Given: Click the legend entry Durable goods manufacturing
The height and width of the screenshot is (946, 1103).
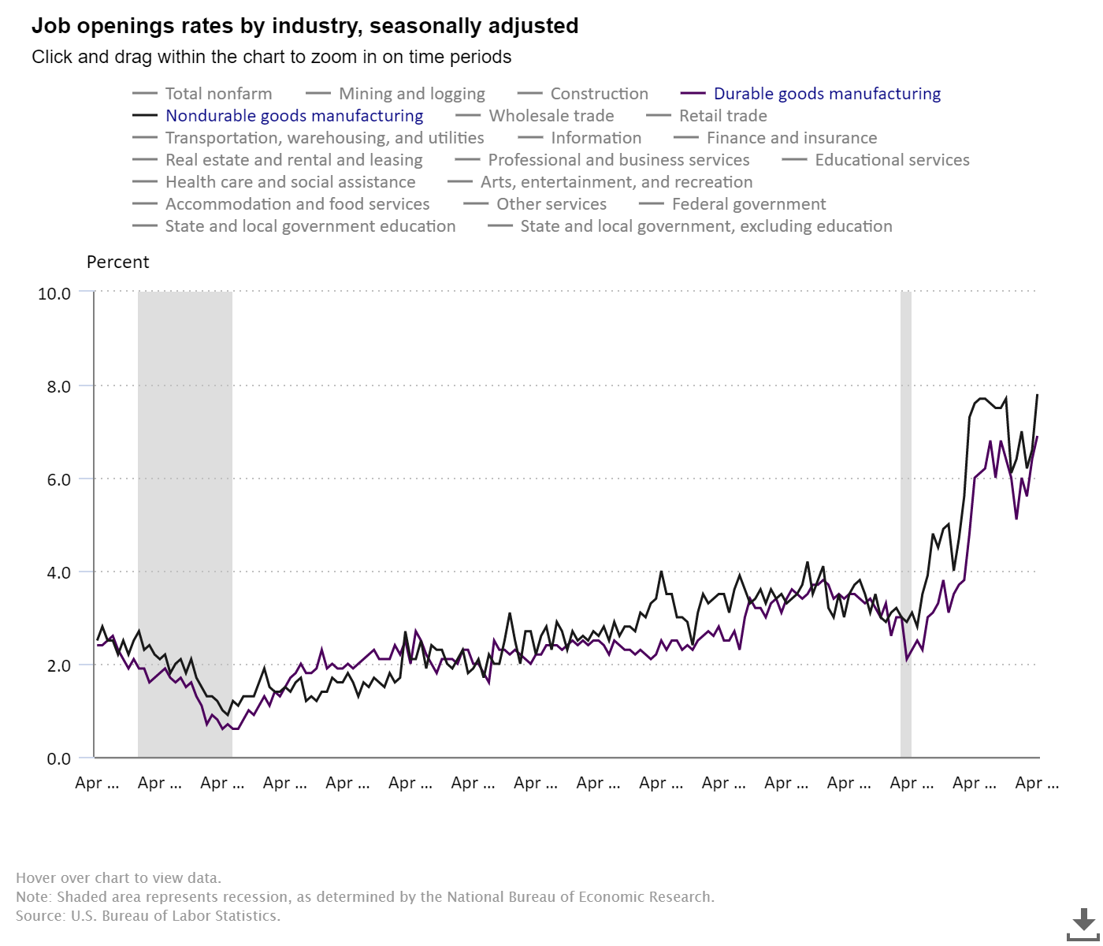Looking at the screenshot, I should tap(826, 94).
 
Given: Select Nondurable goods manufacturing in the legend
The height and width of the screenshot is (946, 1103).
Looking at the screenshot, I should tap(294, 116).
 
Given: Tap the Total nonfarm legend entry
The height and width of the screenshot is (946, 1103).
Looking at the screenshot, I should tap(218, 94).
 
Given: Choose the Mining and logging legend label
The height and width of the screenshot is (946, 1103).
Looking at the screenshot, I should tap(411, 94).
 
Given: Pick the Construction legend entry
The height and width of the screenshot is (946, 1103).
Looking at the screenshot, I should tap(599, 94).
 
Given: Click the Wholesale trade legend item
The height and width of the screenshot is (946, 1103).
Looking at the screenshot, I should tap(551, 116).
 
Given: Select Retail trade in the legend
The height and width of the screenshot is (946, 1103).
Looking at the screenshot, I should tap(722, 116).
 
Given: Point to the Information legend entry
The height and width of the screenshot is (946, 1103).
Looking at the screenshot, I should tap(596, 138).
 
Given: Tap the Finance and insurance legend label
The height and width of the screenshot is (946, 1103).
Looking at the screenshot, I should tap(791, 138).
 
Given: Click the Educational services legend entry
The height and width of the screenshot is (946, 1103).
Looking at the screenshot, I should tap(892, 160).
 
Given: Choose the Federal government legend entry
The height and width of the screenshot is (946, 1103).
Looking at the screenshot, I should tap(748, 204).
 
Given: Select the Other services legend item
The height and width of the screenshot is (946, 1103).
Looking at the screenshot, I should tap(551, 204).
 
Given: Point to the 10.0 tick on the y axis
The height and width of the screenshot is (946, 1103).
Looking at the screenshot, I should tap(54, 293).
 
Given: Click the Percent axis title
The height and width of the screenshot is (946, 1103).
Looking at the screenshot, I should tap(117, 263).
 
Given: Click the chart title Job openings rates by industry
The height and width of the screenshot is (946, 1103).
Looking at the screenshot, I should tap(305, 26).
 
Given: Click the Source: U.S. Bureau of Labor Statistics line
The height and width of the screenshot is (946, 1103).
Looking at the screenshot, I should tap(148, 916).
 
